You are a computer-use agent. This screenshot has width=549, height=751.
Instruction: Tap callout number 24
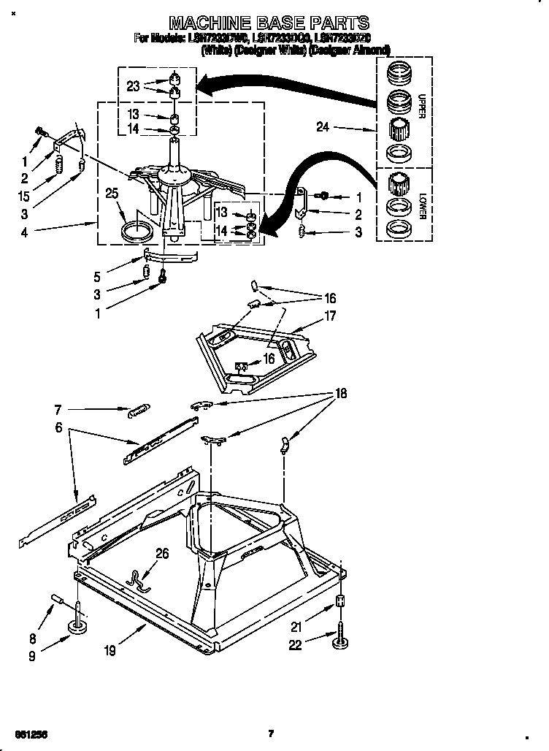324,127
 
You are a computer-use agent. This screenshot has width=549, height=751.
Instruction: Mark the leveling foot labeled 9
76,626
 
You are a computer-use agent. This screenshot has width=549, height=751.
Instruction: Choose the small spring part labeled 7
138,411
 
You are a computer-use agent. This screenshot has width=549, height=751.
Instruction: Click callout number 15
26,196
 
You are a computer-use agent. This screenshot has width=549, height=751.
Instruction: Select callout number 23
133,85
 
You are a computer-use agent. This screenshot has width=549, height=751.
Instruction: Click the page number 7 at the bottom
271,733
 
